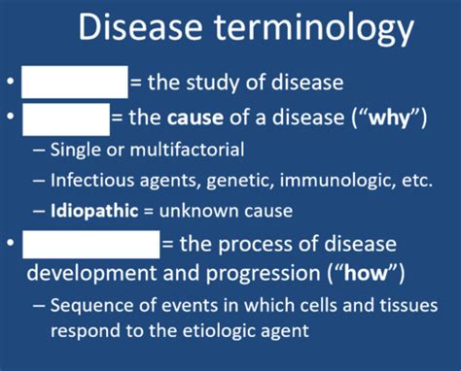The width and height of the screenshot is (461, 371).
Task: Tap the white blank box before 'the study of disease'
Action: [x=74, y=82]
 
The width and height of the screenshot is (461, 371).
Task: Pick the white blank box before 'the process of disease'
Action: [x=89, y=243]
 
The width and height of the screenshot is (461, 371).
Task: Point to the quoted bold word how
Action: [x=371, y=271]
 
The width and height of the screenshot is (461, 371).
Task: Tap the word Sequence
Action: [x=90, y=305]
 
